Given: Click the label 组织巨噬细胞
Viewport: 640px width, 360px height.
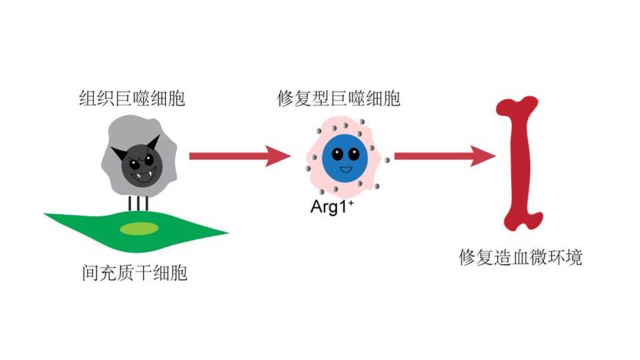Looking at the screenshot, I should click(x=131, y=101).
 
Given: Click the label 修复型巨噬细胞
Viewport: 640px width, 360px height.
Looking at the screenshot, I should click(x=339, y=101).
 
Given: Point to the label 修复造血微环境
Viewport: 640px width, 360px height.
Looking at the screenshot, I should click(x=521, y=257).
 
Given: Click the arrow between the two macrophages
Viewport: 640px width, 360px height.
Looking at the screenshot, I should click(x=239, y=156).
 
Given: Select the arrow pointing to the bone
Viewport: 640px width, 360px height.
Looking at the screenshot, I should click(x=443, y=156).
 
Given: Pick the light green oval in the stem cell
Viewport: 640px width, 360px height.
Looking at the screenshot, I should click(x=139, y=229).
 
